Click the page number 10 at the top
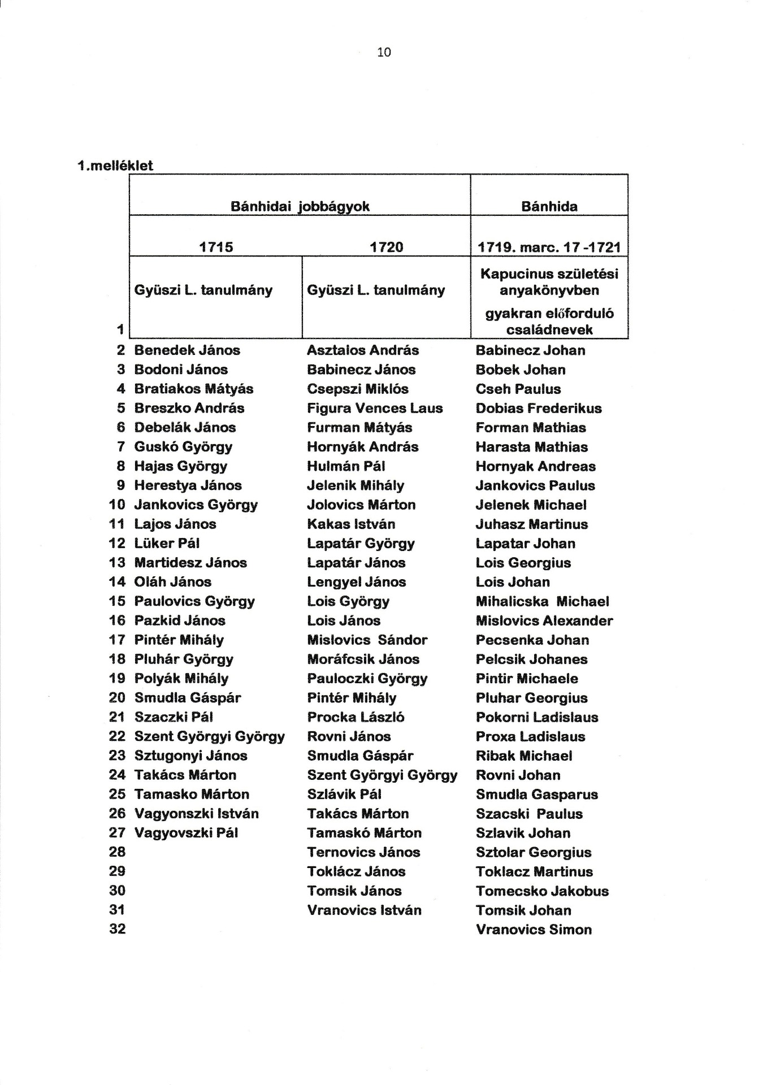coord(384,53)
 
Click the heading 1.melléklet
coord(115,166)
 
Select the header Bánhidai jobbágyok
coord(300,206)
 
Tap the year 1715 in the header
coord(216,247)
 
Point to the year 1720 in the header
coord(387,247)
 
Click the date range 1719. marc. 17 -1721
coord(549,247)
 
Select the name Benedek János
coord(187,350)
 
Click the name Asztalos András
coord(363,350)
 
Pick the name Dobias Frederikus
coord(539,408)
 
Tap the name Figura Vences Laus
coord(375,408)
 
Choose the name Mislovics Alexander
coord(544,620)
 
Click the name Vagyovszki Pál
coord(186,832)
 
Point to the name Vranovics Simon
coord(534,930)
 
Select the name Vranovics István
coord(364,910)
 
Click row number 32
coord(118,929)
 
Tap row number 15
coord(118,601)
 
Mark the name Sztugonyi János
coord(190,756)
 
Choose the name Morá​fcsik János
coord(363,659)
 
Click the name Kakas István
coord(351,524)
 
